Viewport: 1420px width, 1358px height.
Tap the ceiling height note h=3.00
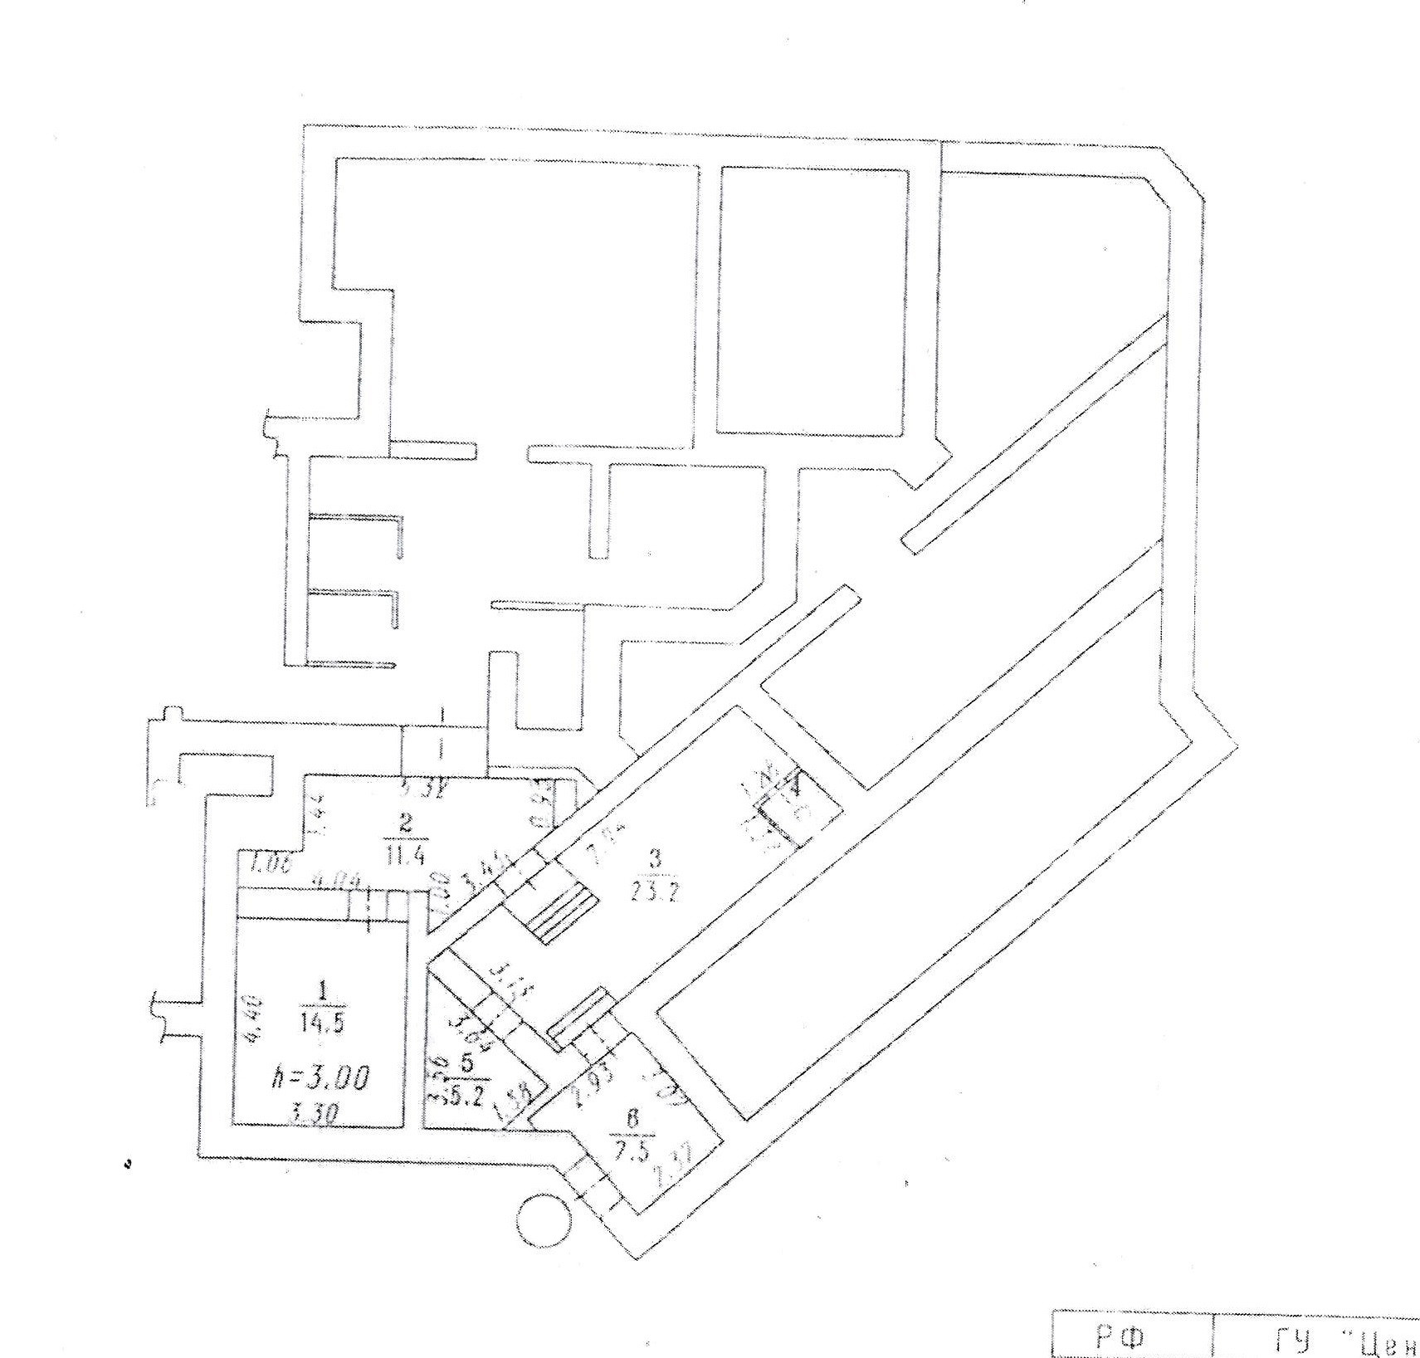[x=322, y=1078]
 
